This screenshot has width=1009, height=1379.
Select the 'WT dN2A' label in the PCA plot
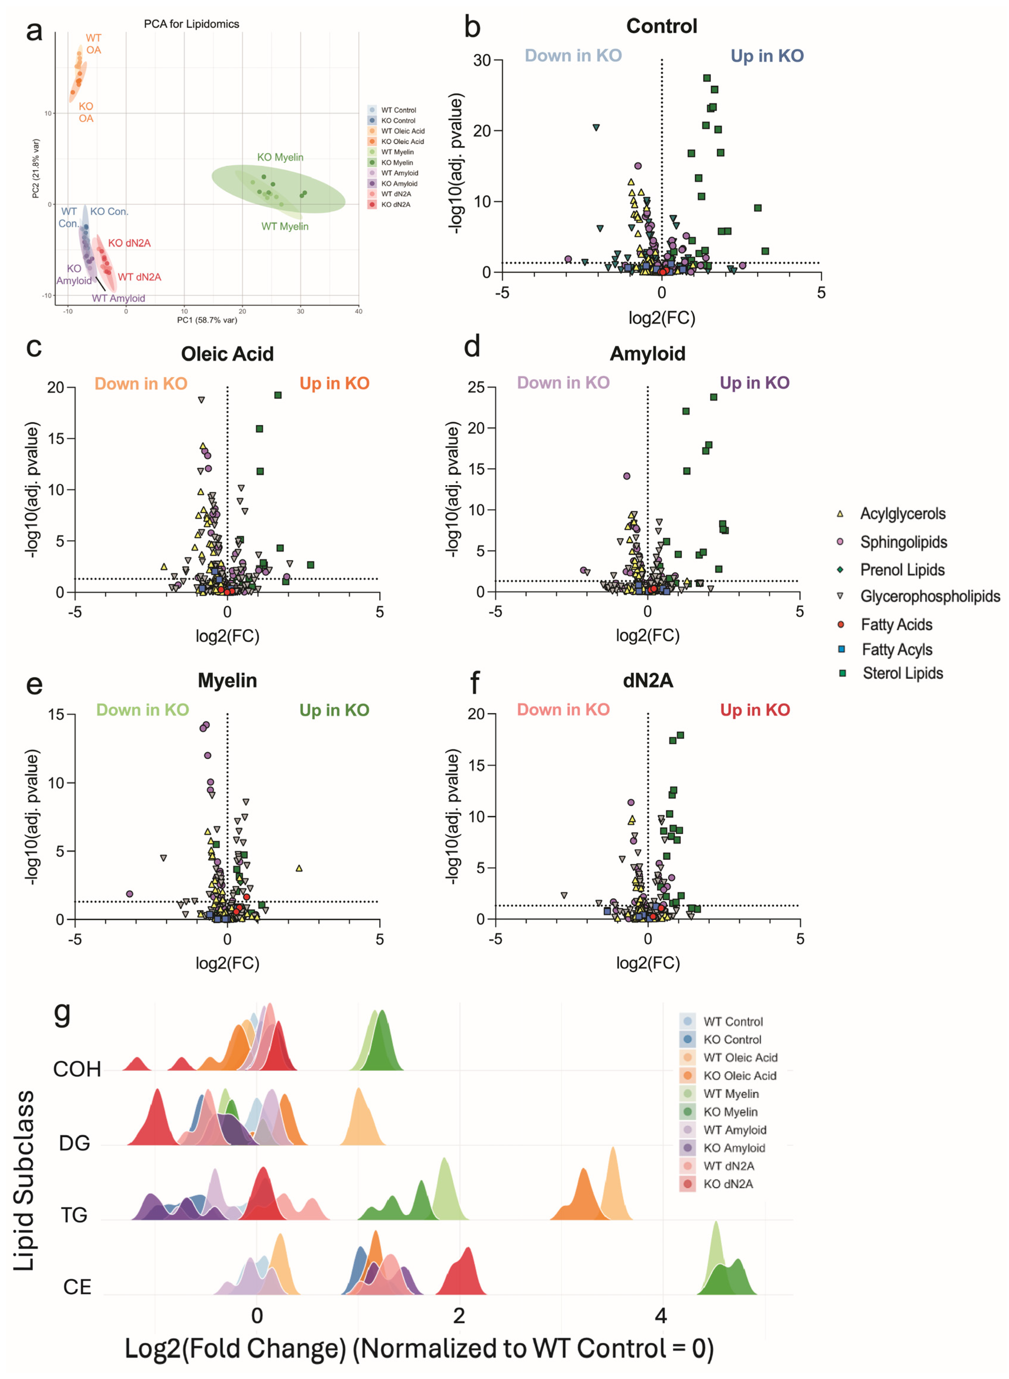point(139,277)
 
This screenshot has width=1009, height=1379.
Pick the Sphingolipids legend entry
point(903,542)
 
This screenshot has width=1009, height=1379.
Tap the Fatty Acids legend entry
point(896,624)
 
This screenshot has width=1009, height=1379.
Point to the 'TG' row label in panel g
point(74,1215)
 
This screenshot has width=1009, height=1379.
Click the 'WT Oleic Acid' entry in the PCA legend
point(402,131)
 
